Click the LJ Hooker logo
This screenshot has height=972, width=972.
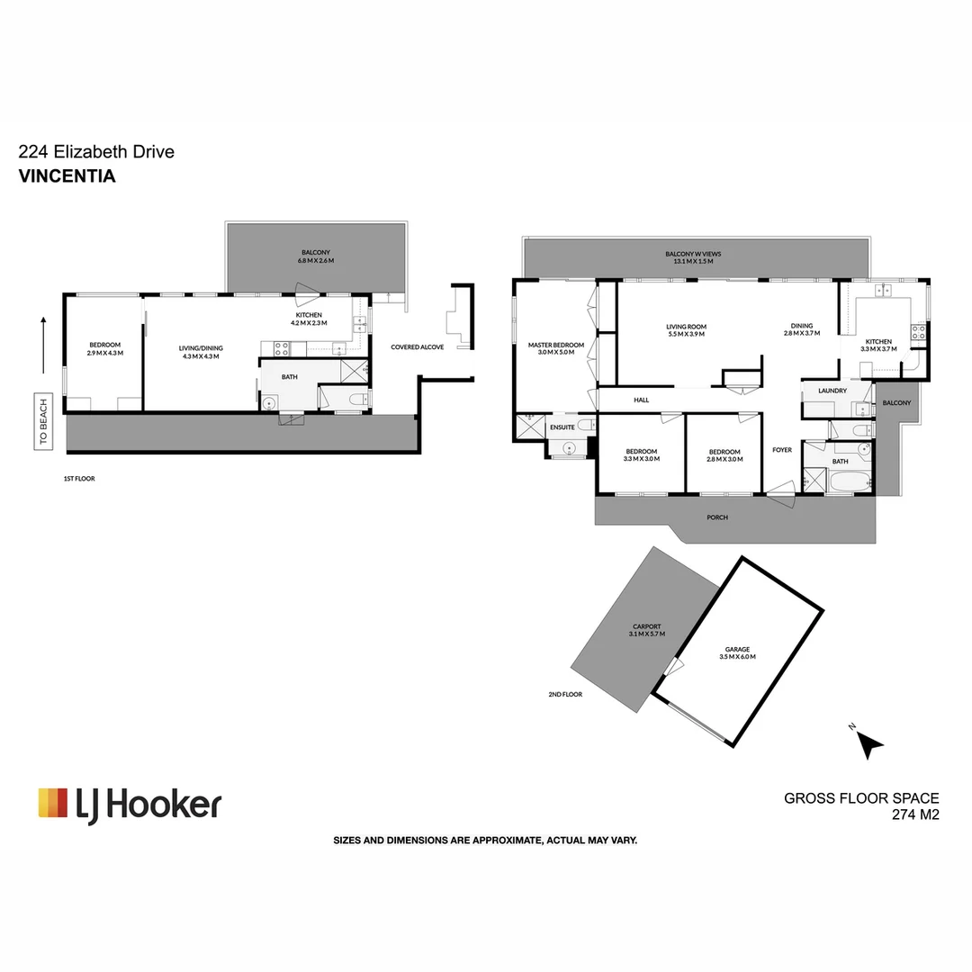coord(130,804)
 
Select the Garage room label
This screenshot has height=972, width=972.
coord(737,653)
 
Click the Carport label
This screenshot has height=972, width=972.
coord(646,630)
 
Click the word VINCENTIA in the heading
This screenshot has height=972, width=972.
coord(67,176)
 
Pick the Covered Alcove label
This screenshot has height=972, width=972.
coord(417,347)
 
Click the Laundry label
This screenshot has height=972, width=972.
coord(832,391)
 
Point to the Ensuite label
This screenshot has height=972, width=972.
coord(562,427)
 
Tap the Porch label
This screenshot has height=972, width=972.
coord(717,517)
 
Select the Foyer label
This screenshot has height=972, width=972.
coord(781,450)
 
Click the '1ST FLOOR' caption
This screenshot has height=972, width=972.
coord(79,479)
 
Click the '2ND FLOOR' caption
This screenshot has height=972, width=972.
coord(565,695)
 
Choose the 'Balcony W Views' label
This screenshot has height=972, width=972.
coord(693,257)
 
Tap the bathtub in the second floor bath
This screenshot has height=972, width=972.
coord(850,483)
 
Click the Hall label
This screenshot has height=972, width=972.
coord(641,400)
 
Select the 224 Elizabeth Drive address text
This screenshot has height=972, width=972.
coord(96,152)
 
